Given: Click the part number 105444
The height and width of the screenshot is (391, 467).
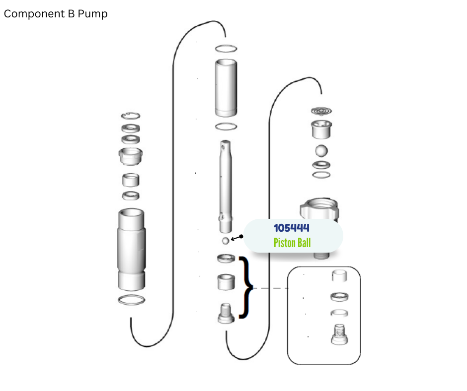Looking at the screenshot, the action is tap(291, 228).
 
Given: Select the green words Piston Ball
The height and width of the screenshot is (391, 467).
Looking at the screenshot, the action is tap(292, 243).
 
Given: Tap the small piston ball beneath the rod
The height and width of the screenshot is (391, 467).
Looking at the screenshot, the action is tap(226, 241).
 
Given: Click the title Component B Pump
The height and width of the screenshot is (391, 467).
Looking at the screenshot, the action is tap(56, 14).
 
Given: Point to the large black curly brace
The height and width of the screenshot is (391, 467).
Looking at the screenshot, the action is tap(246, 287).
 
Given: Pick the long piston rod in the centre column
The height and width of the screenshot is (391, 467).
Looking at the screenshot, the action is tap(226, 187).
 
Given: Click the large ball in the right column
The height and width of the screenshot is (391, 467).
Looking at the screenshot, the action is tap(321, 150).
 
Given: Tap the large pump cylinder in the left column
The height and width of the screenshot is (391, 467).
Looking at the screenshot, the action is tap(131, 250).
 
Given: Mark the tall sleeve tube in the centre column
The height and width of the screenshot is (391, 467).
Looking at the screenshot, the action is tap(226, 88).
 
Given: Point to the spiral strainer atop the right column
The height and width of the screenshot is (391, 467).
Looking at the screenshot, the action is tap(321, 111).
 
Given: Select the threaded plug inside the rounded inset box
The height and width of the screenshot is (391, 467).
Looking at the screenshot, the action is tap(339, 334).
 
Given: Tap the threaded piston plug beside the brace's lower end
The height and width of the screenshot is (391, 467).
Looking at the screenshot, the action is tap(226, 313).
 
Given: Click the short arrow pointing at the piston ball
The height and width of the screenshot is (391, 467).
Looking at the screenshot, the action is tap(237, 238).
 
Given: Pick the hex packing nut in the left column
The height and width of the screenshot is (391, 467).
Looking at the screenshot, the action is tap(131, 156).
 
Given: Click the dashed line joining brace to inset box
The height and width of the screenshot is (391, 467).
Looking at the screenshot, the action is tap(270, 288).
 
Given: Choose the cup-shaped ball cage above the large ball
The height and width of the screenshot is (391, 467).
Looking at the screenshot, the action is tap(321, 129).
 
